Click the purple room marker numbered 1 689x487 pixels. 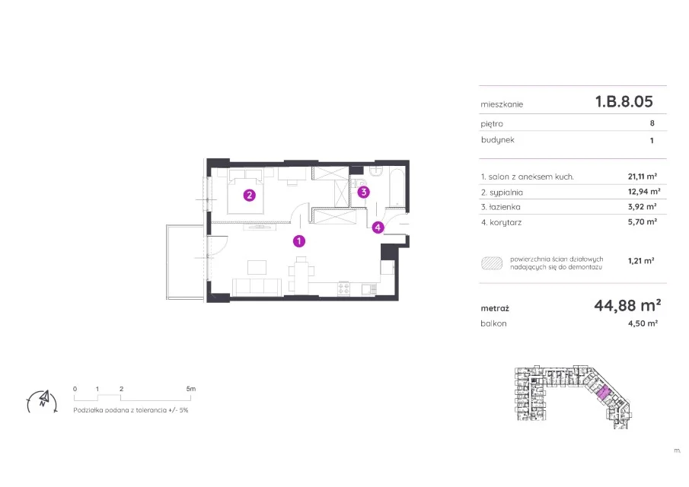(299, 240)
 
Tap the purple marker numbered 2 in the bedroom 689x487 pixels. (250, 196)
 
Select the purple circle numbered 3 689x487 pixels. (363, 192)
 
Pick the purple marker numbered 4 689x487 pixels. (378, 228)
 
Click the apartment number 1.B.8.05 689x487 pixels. (624, 101)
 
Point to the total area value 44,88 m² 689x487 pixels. (627, 305)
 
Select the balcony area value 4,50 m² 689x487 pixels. (643, 323)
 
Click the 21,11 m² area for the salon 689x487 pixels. (643, 176)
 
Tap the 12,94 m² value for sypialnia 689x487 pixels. (644, 192)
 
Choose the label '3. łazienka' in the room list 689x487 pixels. (500, 207)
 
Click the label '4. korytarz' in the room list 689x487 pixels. (502, 222)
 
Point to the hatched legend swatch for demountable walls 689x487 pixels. (492, 263)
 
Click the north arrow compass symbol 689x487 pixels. (43, 401)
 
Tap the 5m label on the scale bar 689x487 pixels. (190, 389)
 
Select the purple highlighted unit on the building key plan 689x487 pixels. (604, 391)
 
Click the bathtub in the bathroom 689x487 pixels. (397, 186)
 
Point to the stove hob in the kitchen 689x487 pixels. (343, 289)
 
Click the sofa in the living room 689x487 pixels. (257, 287)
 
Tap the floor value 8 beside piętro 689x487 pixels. (652, 123)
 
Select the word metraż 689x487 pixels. (495, 308)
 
